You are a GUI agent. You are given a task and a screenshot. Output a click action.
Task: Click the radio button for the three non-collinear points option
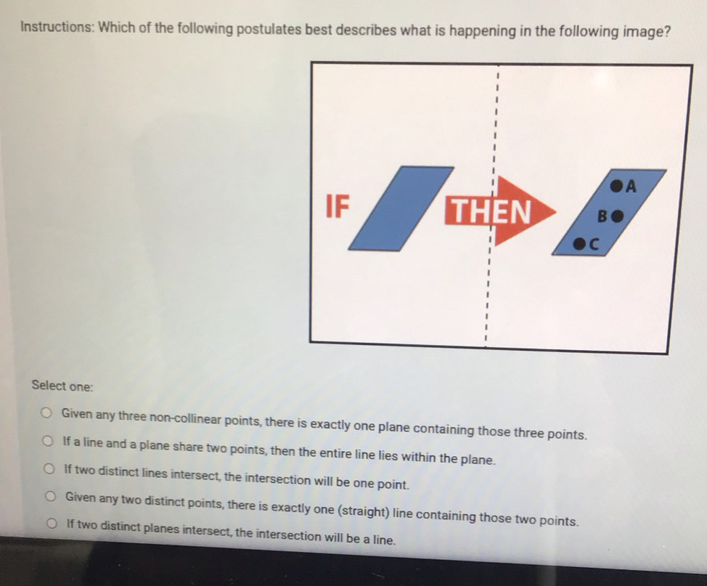[x=46, y=412]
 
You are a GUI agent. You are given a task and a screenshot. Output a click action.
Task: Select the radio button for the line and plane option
[x=48, y=441]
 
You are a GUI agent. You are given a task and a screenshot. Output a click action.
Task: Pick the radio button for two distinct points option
[x=51, y=497]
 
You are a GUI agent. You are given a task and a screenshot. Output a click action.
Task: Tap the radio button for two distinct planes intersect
[x=52, y=524]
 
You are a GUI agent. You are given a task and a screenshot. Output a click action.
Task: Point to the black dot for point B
[x=618, y=216]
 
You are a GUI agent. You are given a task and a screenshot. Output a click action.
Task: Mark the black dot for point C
[x=579, y=244]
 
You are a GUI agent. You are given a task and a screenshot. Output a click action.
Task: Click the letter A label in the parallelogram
[x=631, y=186]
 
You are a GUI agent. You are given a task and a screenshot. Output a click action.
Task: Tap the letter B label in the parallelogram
[x=603, y=216]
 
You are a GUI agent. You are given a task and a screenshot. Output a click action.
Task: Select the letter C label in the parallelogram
[x=593, y=245]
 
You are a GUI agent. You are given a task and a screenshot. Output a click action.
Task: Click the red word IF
[x=338, y=207]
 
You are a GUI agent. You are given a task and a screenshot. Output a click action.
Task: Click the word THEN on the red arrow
[x=491, y=211]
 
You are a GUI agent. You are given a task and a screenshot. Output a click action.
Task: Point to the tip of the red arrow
[x=557, y=211]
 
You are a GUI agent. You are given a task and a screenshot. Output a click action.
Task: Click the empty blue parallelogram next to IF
[x=401, y=208]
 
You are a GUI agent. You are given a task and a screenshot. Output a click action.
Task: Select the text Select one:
[x=62, y=386]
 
